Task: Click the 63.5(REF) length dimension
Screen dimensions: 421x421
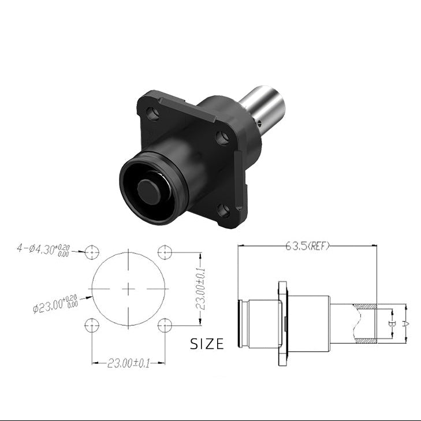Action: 307,246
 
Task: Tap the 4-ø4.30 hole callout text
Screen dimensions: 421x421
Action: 43,250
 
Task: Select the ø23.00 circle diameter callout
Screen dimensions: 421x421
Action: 55,304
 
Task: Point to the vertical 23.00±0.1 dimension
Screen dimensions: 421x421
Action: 200,289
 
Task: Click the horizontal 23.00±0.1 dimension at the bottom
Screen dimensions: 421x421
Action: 128,364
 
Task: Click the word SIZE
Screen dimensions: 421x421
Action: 207,344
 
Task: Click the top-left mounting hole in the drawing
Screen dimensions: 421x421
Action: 92,252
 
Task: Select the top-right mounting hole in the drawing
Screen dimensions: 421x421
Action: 165,252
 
